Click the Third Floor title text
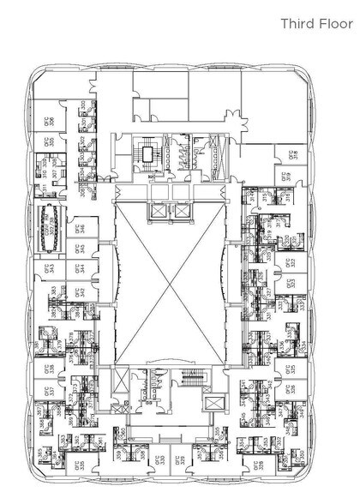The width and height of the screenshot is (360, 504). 315,24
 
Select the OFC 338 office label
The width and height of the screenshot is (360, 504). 50,369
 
